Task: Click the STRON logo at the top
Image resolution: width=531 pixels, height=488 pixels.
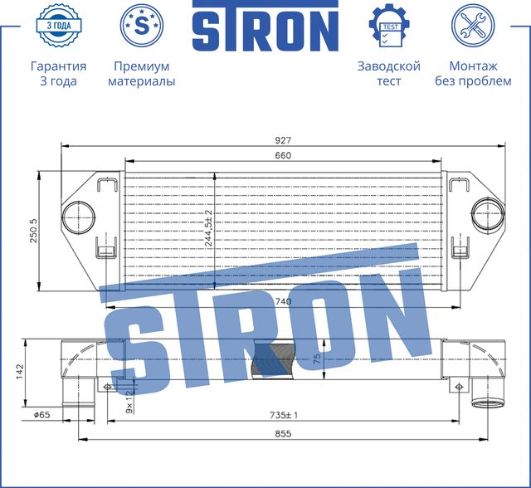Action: (265, 29)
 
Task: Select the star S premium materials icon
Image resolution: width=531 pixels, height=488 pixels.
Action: (141, 26)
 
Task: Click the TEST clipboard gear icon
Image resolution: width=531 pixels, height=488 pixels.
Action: (388, 26)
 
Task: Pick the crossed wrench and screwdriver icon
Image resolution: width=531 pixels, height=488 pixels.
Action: (473, 26)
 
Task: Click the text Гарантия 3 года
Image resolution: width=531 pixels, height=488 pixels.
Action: (58, 73)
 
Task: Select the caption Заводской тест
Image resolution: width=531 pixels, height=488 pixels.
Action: (388, 73)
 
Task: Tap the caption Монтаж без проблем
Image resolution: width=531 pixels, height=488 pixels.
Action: (473, 73)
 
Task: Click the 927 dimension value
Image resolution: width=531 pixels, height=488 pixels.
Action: (285, 140)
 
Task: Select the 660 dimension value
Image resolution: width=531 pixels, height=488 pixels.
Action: (284, 155)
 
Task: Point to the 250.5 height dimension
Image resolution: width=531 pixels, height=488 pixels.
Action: (33, 232)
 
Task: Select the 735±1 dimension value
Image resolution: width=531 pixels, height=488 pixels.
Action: (284, 413)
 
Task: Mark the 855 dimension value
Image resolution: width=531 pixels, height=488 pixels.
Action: (285, 432)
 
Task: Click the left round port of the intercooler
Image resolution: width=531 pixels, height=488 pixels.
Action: (78, 217)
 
